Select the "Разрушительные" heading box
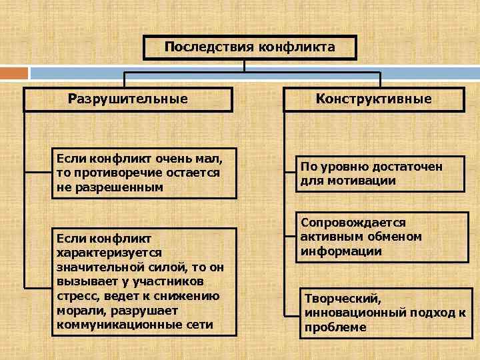pyautogui.click(x=128, y=99)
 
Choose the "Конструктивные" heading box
pyautogui.click(x=374, y=99)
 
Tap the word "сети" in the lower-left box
pyautogui.click(x=199, y=325)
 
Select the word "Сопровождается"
pyautogui.click(x=353, y=223)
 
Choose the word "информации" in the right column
pyautogui.click(x=341, y=251)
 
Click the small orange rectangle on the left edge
pyautogui.click(x=14, y=73)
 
